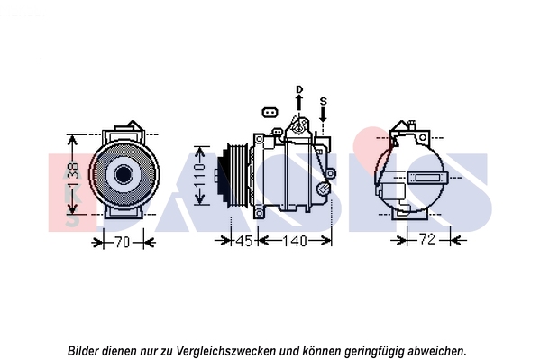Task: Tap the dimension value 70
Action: (123, 243)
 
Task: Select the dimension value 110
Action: (200, 175)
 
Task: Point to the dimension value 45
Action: (243, 241)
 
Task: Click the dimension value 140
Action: (295, 241)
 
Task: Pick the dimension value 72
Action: (427, 238)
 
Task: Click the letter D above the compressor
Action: (299, 89)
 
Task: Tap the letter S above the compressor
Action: (323, 101)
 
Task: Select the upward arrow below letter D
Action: (299, 103)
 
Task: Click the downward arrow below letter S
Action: (323, 115)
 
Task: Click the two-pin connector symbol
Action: (270, 113)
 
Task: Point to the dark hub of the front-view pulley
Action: (123, 174)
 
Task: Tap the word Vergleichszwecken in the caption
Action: (226, 351)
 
